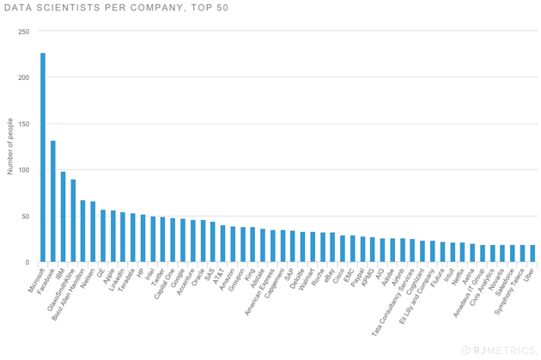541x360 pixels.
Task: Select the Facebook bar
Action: tap(52, 201)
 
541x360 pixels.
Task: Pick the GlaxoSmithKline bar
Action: tap(73, 221)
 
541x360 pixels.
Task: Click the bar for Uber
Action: tap(532, 253)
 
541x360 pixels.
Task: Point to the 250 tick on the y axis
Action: tap(23, 32)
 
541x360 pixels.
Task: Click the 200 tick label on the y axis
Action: tap(23, 78)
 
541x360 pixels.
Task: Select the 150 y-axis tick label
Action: tap(23, 124)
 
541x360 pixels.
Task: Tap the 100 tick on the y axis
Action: tap(23, 170)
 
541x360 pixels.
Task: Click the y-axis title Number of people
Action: tap(10, 147)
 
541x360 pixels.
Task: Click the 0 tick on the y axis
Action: tap(27, 262)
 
